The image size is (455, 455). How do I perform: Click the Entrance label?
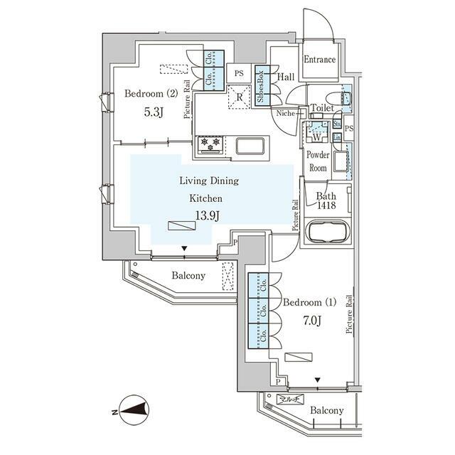(319, 60)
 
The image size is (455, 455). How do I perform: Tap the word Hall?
(286, 77)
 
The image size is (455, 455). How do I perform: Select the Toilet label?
(322, 109)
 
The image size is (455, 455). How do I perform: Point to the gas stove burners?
(210, 144)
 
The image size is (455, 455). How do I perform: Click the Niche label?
(286, 112)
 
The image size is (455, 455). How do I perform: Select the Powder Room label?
(317, 161)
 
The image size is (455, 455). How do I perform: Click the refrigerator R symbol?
(240, 97)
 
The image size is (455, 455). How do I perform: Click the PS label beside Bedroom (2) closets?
(239, 72)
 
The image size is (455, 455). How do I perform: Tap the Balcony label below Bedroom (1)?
(326, 411)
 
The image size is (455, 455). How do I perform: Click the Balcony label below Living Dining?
(188, 276)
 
